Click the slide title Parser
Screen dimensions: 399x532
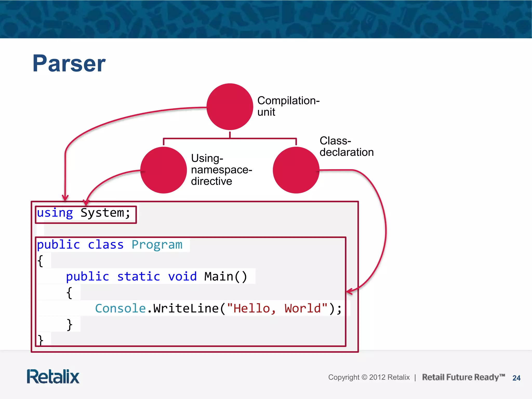pos(69,63)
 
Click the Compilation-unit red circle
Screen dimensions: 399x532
pos(230,107)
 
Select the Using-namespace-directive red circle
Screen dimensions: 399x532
pos(164,170)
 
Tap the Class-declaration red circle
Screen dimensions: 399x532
pos(296,170)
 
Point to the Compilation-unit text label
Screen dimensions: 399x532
pos(288,106)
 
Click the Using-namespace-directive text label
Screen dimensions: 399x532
pos(221,170)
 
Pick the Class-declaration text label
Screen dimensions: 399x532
pos(346,147)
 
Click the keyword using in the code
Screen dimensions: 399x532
pos(55,213)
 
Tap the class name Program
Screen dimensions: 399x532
pos(157,245)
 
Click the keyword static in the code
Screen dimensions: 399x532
pos(138,277)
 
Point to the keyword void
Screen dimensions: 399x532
pos(182,277)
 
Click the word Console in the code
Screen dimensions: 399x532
pos(120,309)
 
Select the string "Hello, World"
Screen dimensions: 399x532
pos(277,309)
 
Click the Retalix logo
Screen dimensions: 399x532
pos(53,377)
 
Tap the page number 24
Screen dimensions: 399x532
pos(516,378)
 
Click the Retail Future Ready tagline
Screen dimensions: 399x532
pos(463,377)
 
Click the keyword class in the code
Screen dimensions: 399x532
pos(105,245)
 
